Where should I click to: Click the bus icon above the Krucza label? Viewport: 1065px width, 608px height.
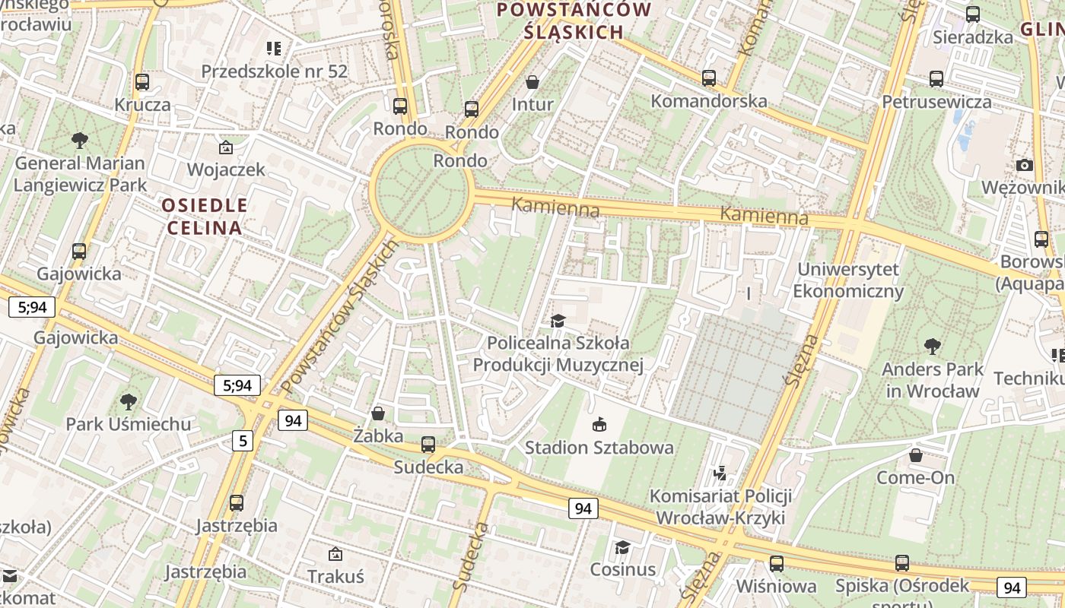tap(142, 82)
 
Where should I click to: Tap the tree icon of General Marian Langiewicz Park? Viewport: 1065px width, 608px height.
tap(79, 141)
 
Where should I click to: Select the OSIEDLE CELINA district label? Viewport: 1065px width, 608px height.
tap(205, 216)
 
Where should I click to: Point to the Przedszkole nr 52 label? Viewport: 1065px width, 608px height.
tap(274, 71)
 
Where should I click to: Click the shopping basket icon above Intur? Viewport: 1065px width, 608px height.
tap(532, 82)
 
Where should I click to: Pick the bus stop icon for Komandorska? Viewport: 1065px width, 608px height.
tap(709, 78)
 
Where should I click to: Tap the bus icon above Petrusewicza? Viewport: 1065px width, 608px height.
tap(936, 79)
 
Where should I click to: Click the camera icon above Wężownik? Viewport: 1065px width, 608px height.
tap(1025, 166)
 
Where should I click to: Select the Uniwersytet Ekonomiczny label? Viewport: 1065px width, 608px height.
tap(848, 280)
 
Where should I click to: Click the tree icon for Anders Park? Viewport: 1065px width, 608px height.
tap(933, 347)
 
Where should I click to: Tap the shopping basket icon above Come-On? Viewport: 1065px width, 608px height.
tap(916, 455)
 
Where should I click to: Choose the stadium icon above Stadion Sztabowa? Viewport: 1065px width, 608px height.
tap(599, 424)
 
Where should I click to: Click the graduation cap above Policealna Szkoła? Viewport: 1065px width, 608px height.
tap(558, 321)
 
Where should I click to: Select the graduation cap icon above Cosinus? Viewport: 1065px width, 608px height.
tap(622, 547)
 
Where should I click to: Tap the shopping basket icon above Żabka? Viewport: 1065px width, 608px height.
tap(377, 413)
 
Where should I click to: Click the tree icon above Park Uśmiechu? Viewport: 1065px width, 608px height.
tap(129, 401)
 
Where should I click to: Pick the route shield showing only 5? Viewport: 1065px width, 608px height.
tap(242, 440)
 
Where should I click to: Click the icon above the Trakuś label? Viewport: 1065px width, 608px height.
tap(335, 554)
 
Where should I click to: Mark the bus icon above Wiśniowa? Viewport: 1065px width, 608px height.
tap(776, 564)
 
